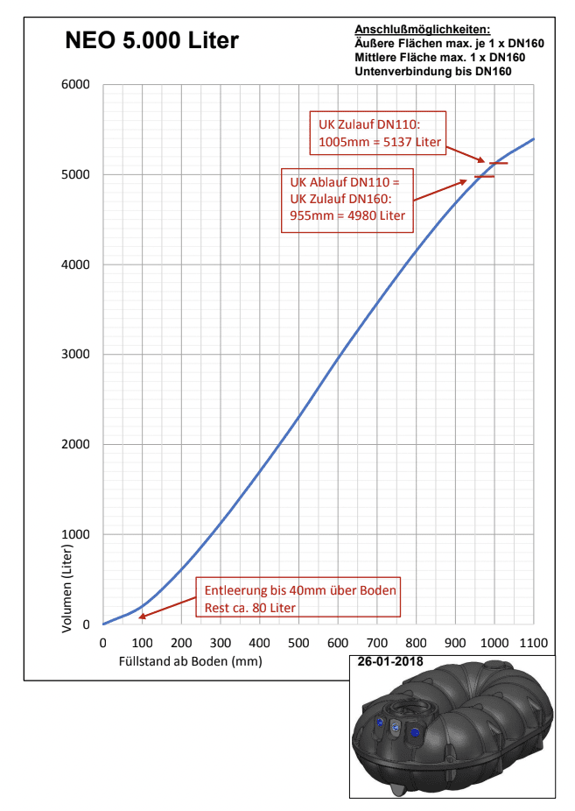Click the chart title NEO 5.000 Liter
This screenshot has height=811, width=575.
(152, 41)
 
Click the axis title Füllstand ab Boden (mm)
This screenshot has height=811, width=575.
(190, 661)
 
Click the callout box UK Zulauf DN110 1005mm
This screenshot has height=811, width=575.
(378, 135)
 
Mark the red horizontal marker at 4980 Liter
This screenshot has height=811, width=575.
(484, 177)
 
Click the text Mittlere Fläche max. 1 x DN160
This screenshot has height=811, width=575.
(439, 57)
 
